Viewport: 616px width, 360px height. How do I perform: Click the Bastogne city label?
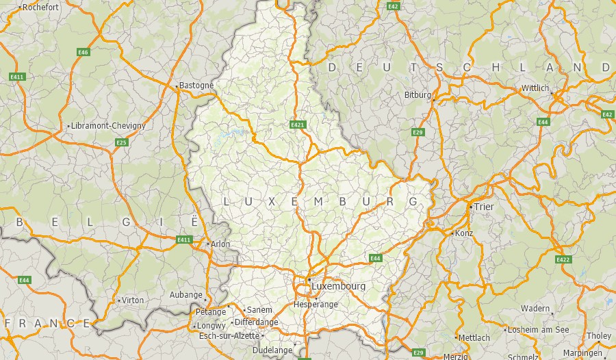point(196,86)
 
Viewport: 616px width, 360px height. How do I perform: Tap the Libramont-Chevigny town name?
point(109,126)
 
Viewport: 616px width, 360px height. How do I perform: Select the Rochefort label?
point(41,8)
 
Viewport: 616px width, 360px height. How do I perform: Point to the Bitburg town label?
point(418,95)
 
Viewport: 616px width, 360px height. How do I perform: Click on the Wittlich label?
point(535,88)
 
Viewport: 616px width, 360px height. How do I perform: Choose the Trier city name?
point(484,207)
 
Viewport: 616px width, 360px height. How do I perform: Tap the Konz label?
point(464,233)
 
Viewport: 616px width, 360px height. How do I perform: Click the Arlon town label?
point(221,244)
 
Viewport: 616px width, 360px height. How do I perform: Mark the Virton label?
point(133,300)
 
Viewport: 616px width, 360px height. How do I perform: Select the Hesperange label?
point(316,304)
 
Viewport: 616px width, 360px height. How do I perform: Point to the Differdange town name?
point(256,322)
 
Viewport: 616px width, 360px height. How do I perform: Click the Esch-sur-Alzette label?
point(229,335)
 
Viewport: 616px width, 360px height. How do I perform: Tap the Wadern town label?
point(535,309)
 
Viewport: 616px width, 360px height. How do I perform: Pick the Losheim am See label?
point(538,329)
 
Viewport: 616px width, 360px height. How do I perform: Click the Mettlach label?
point(474,337)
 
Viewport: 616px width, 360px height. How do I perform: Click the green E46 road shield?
point(84,52)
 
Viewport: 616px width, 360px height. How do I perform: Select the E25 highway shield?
point(121,142)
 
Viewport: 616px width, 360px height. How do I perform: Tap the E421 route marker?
point(297,125)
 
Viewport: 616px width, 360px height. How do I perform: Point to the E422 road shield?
point(563,259)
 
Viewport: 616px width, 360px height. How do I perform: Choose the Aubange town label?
point(185,295)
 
